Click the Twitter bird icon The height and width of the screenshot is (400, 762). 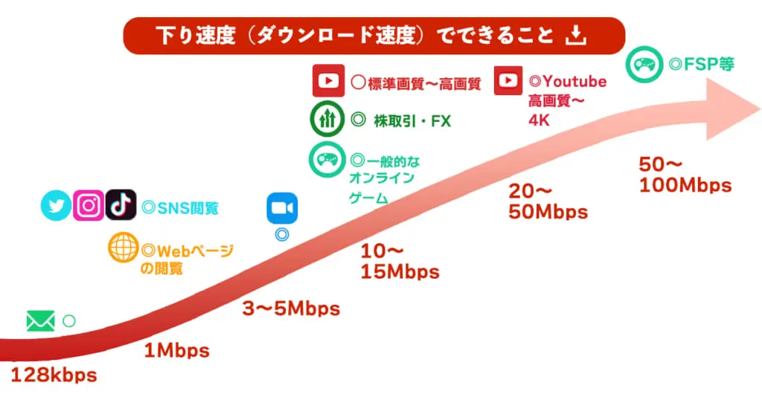tap(56, 205)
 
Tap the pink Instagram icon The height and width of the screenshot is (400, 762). tap(89, 205)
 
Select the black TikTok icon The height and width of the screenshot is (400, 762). tap(121, 205)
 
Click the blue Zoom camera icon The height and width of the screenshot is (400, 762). tap(282, 208)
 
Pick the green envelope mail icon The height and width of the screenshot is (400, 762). tap(40, 321)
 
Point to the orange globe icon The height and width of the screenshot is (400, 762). tap(123, 248)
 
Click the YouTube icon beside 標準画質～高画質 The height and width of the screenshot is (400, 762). tap(328, 80)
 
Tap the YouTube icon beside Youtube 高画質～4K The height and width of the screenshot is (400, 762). tap(508, 80)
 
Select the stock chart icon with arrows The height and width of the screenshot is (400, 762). tap(327, 118)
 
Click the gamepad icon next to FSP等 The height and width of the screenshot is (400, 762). tap(644, 64)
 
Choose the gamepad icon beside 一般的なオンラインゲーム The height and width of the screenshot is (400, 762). tap(327, 159)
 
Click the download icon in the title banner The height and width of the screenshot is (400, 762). tap(576, 36)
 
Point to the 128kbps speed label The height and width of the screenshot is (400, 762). tap(54, 375)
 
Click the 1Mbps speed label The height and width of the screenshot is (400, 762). tap(177, 350)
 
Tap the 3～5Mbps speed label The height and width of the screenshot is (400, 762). tap(291, 309)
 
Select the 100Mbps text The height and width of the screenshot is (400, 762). tap(685, 185)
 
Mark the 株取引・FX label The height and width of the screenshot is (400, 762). tap(412, 120)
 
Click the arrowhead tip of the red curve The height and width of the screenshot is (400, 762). tap(760, 109)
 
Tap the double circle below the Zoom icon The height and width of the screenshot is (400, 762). tap(282, 235)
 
